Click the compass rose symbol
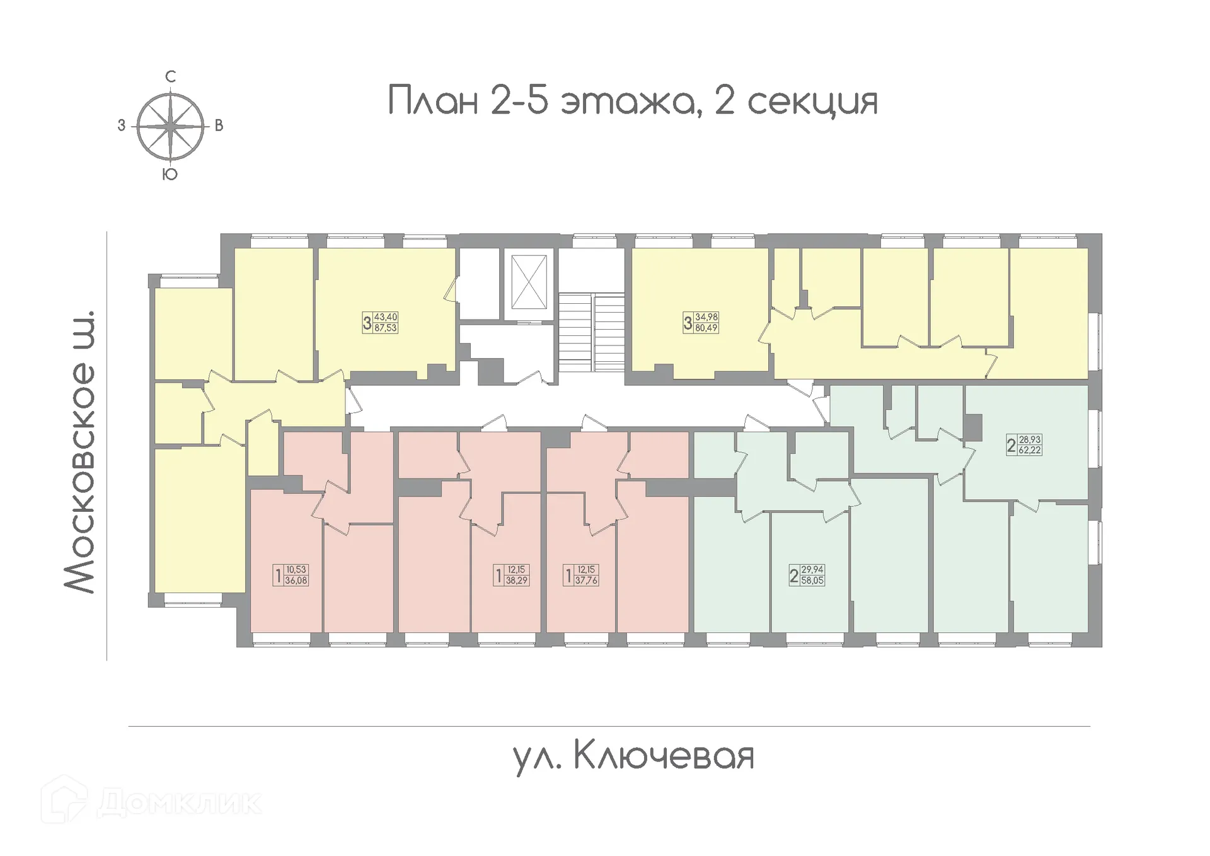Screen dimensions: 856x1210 [x=171, y=126]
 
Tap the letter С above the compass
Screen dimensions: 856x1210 [x=170, y=77]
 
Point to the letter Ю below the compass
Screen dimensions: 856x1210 [x=170, y=175]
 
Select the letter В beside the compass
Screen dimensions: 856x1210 [x=219, y=126]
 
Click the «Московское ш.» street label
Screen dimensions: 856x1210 [x=80, y=451]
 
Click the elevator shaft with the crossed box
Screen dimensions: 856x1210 [x=529, y=282]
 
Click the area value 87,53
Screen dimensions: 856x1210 [x=386, y=328]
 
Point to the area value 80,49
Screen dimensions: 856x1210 [x=706, y=328]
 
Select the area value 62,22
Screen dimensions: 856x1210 [x=1030, y=451]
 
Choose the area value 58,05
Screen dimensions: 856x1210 [x=812, y=581]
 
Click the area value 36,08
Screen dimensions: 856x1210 [x=296, y=581]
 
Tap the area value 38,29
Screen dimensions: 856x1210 [x=516, y=581]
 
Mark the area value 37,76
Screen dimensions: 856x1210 [x=586, y=581]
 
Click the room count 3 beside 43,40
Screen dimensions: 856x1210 [x=367, y=323]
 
